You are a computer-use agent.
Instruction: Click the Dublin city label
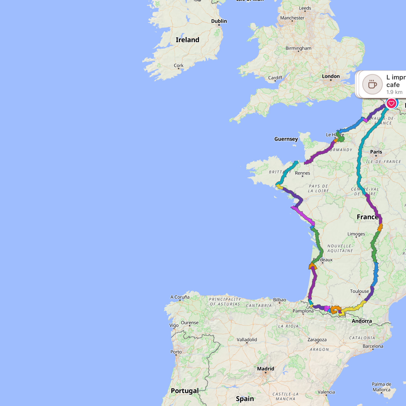pyautogui.click(x=219, y=21)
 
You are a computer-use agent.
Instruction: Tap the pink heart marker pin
pyautogui.click(x=391, y=103)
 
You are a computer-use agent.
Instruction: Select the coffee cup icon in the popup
pyautogui.click(x=372, y=84)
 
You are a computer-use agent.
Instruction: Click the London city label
pyautogui.click(x=331, y=76)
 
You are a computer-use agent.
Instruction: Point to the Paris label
pyautogui.click(x=376, y=152)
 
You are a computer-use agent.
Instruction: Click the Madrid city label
pyautogui.click(x=266, y=369)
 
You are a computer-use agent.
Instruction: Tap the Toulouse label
pyautogui.click(x=359, y=291)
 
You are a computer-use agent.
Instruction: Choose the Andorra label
pyautogui.click(x=362, y=321)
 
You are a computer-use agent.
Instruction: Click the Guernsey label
pyautogui.click(x=286, y=139)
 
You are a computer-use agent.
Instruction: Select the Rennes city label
pyautogui.click(x=302, y=173)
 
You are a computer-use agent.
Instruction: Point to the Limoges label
pyautogui.click(x=356, y=234)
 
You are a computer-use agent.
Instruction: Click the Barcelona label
pyautogui.click(x=373, y=346)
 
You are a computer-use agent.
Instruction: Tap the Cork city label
pyautogui.click(x=179, y=66)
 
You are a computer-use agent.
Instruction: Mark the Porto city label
pyautogui.click(x=176, y=352)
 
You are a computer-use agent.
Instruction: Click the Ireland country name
pyautogui.click(x=187, y=40)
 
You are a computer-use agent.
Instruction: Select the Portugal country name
pyautogui.click(x=185, y=391)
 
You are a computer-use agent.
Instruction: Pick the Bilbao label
pyautogui.click(x=280, y=300)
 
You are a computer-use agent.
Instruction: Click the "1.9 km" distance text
pyautogui.click(x=394, y=92)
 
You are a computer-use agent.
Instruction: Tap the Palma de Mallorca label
pyautogui.click(x=381, y=387)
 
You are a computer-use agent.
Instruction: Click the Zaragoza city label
pyautogui.click(x=317, y=340)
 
